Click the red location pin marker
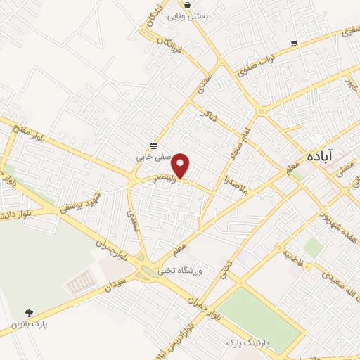click(x=181, y=165)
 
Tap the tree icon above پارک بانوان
click(x=29, y=313)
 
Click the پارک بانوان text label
click(x=29, y=324)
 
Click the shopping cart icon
click(x=293, y=43)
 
